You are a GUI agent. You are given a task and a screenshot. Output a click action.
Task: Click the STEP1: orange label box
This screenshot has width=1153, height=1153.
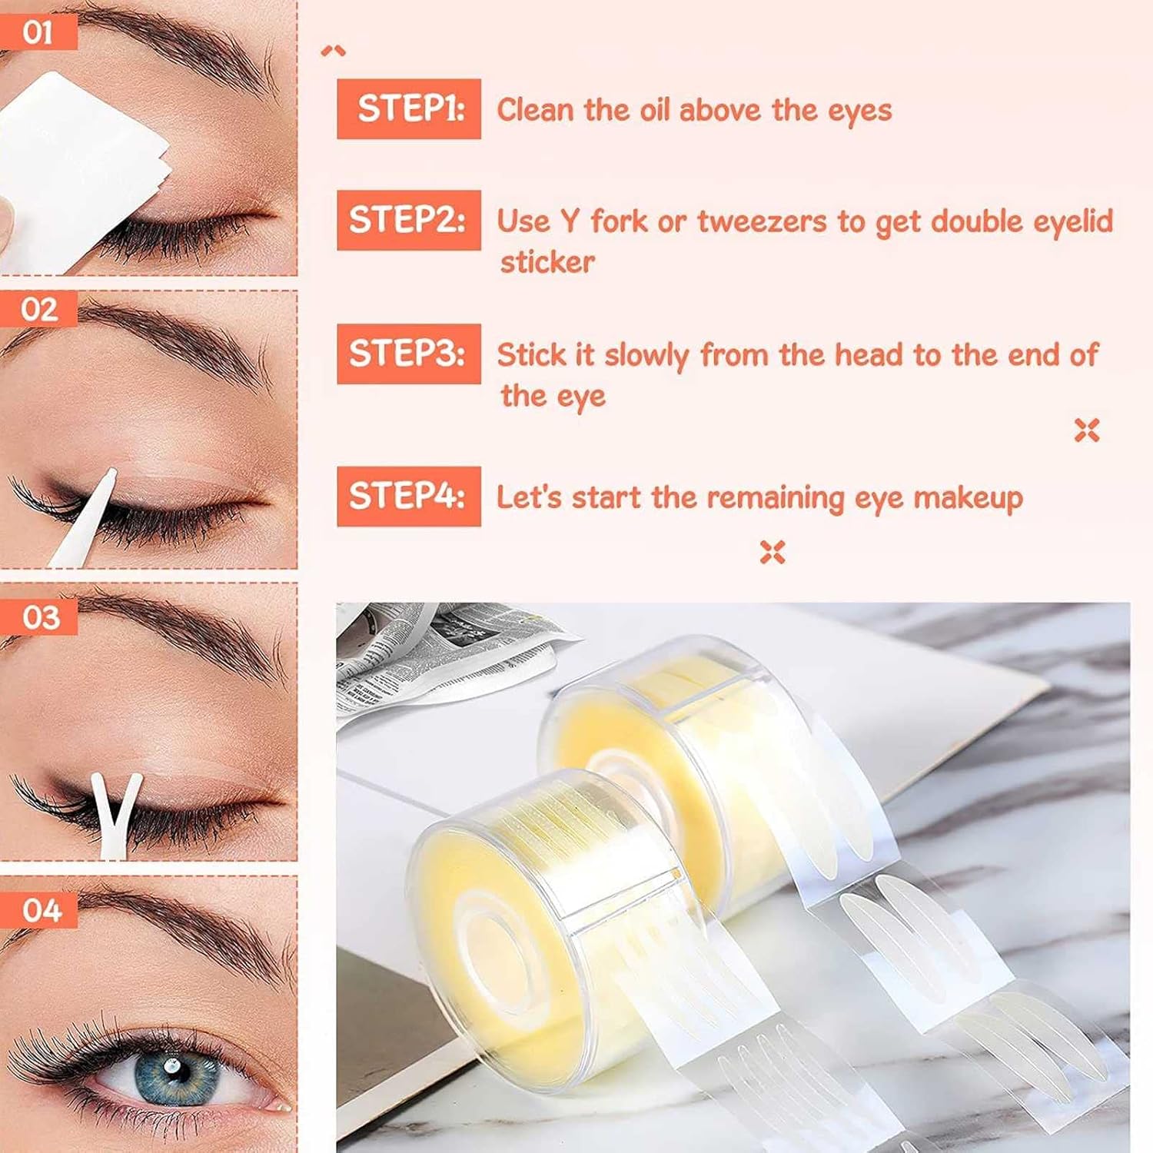coord(409,108)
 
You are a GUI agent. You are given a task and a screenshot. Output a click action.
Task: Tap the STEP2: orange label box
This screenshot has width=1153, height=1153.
coord(409,220)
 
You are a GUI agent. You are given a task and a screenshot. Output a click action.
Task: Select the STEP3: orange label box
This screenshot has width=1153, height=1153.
coord(409,354)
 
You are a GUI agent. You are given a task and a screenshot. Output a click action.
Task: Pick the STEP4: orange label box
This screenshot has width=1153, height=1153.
coord(409,496)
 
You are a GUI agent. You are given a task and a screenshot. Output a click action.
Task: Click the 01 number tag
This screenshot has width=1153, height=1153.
coord(38,32)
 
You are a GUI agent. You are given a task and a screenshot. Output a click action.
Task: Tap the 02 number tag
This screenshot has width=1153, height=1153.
coord(38,309)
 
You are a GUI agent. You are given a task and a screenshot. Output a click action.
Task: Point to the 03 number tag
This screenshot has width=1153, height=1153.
coord(38,617)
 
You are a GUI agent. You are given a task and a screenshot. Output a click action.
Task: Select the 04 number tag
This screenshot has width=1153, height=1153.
coord(38,910)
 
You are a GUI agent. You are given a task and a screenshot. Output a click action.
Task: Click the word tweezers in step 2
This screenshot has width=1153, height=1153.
coord(762,221)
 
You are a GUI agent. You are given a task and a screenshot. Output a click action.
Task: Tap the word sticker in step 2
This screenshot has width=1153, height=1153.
coord(547,262)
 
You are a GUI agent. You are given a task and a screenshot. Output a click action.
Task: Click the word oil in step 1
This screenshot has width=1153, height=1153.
coord(655,109)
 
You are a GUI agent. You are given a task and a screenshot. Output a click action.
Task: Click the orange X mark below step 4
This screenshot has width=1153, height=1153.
coord(773,552)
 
